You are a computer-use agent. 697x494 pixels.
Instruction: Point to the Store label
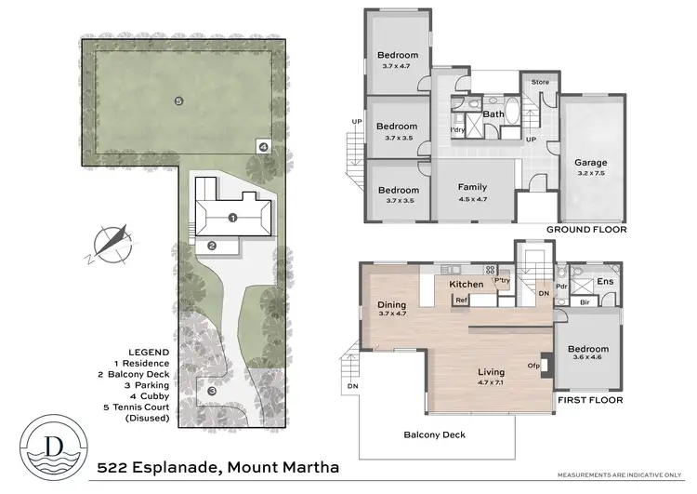click(x=541, y=82)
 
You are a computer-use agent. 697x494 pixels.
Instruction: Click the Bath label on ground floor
click(x=493, y=114)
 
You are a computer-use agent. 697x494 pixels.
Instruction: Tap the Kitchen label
click(x=467, y=284)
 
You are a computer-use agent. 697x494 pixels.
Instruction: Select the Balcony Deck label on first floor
click(x=435, y=434)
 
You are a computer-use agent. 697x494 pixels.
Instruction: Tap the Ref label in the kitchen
click(x=461, y=300)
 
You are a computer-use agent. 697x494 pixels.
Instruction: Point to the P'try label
click(x=502, y=280)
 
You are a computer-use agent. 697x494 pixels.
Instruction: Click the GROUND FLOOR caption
click(x=585, y=229)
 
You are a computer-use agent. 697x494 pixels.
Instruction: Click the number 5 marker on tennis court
click(x=178, y=100)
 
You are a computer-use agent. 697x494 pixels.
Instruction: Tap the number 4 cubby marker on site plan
click(x=264, y=147)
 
